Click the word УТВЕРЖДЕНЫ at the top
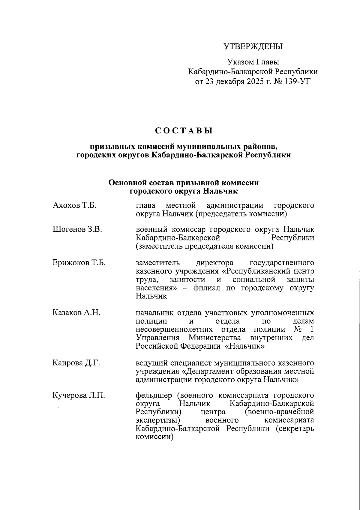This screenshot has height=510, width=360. click(x=253, y=47)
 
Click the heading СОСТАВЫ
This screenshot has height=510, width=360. click(x=184, y=131)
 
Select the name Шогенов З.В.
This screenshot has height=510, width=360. click(x=77, y=230)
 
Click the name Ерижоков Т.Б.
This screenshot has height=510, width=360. click(x=79, y=263)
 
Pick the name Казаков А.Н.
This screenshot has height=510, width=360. click(x=76, y=313)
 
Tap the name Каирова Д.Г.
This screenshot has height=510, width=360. click(x=76, y=363)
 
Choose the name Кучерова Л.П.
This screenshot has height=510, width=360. click(x=79, y=395)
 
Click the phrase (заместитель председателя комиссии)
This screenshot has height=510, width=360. click(x=205, y=246)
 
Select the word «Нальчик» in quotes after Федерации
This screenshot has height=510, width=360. click(x=245, y=347)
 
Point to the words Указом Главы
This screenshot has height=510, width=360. click(x=253, y=62)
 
